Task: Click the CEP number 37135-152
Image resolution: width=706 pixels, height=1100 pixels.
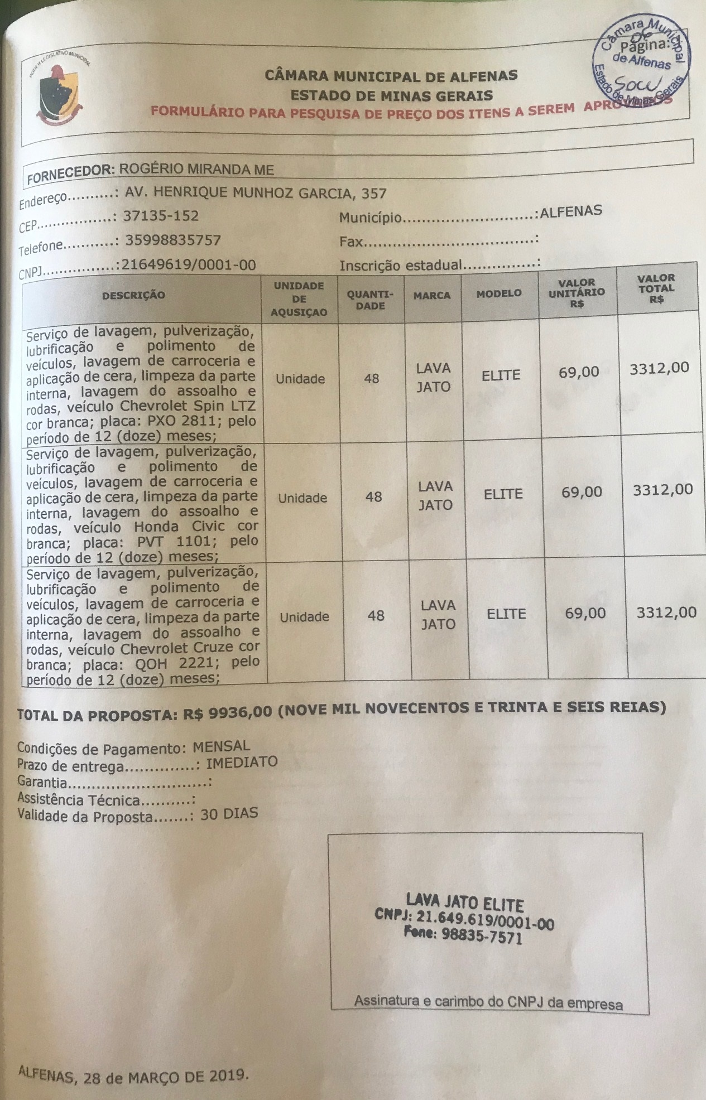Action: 161,216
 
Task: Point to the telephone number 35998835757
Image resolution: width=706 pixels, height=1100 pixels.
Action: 173,241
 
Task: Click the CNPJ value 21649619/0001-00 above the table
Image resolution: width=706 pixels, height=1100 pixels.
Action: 189,264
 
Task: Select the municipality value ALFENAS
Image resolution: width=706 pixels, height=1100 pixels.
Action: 571,211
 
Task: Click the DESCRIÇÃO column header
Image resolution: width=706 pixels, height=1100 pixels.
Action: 133,295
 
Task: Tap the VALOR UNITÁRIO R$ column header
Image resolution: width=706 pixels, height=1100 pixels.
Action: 577,293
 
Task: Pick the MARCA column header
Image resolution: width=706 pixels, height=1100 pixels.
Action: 432,296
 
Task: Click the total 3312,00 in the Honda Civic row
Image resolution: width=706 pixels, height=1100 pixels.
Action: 662,490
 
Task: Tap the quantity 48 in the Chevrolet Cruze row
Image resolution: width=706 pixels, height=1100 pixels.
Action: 376,616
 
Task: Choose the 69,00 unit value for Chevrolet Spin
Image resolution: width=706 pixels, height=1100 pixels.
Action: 579,372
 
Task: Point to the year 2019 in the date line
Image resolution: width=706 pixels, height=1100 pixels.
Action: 225,1074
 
